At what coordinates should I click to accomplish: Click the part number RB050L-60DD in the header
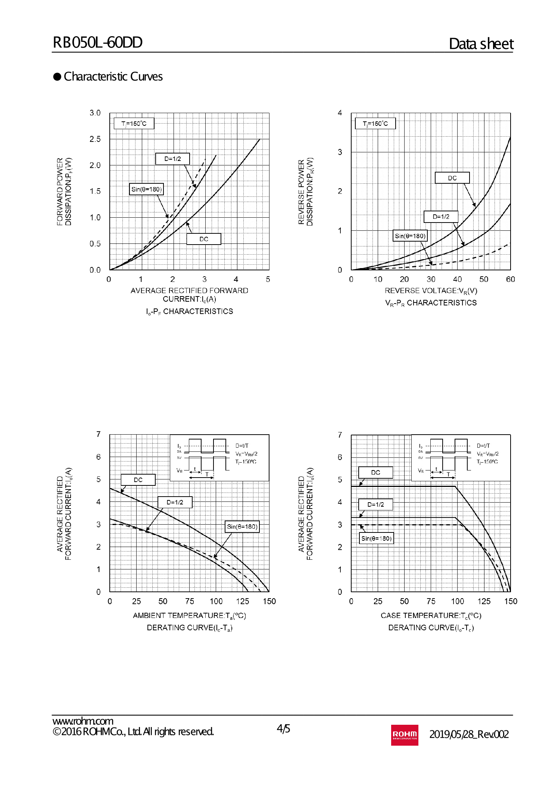(x=97, y=43)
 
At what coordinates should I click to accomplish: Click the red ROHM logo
(x=404, y=735)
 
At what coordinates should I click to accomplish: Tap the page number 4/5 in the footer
(x=283, y=728)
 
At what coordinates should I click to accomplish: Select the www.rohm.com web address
(x=82, y=721)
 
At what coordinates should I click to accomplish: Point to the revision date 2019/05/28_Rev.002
(x=469, y=734)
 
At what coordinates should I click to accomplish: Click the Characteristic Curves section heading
(x=113, y=77)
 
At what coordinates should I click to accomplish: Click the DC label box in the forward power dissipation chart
(x=203, y=239)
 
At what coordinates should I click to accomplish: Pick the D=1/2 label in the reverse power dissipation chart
(x=441, y=217)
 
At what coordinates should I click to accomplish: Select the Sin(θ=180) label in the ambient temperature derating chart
(x=242, y=526)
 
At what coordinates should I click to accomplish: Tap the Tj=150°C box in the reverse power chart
(x=375, y=124)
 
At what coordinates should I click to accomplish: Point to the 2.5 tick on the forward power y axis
(x=95, y=139)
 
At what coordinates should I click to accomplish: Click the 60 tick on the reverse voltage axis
(x=510, y=279)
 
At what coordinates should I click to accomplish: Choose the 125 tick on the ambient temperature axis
(x=242, y=601)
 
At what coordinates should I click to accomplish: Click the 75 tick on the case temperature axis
(x=431, y=601)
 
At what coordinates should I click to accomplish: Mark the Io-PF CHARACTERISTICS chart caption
(x=189, y=311)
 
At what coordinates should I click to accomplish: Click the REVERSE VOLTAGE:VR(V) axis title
(x=431, y=291)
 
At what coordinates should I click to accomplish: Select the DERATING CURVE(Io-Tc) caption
(x=431, y=628)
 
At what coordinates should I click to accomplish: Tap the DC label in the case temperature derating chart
(x=375, y=472)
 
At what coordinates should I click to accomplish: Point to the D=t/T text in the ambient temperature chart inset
(x=241, y=446)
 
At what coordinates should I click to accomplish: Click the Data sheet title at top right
(x=481, y=44)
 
